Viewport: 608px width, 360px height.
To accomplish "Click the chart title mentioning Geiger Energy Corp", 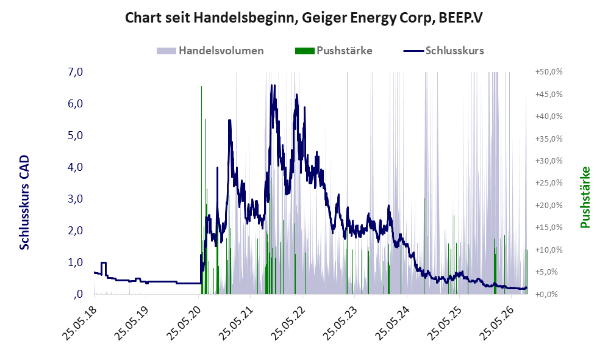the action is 304,18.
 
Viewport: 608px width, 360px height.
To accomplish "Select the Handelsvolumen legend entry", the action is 210,51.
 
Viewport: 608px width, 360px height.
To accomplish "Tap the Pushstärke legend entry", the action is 334,51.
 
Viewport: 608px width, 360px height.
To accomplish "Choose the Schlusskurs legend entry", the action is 443,51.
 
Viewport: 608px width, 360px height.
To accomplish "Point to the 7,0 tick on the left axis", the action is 75,72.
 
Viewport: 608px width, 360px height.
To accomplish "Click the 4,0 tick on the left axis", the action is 75,167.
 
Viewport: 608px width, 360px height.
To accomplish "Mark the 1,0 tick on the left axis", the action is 75,262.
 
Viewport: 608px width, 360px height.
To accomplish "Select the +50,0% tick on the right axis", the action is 549,72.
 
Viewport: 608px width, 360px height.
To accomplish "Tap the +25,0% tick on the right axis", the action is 549,182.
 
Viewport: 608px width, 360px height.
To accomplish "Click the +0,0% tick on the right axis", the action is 549,294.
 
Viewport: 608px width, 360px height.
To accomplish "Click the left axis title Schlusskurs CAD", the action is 24,202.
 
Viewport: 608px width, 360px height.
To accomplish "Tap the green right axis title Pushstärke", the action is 585,197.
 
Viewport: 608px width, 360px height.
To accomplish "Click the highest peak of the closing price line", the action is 271,85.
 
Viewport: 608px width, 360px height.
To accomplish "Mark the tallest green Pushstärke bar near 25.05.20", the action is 202,190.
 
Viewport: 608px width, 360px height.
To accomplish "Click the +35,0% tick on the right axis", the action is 549,139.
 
